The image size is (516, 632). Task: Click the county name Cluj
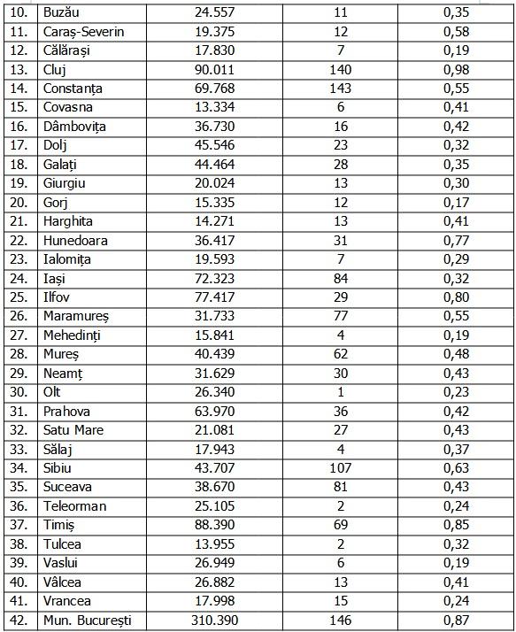point(56,69)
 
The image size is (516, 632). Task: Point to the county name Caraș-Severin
point(83,31)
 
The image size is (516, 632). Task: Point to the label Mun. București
point(87,620)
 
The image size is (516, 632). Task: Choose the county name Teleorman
point(75,506)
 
